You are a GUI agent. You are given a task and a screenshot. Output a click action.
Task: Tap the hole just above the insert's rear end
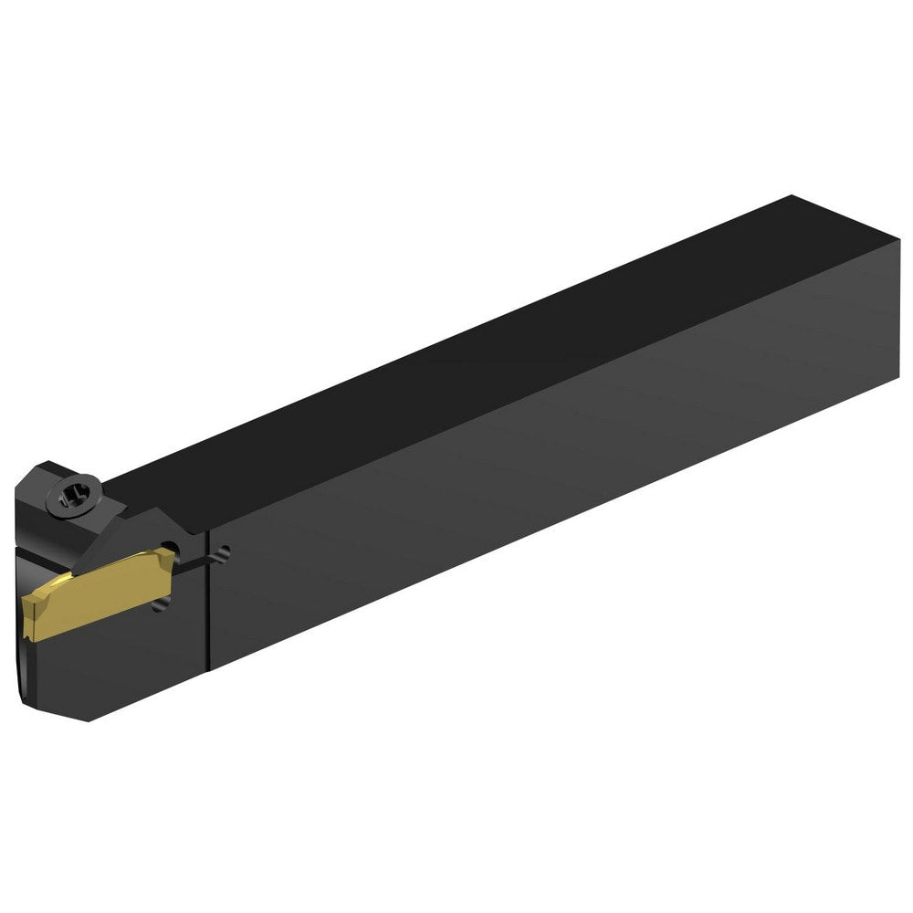click(167, 548)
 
